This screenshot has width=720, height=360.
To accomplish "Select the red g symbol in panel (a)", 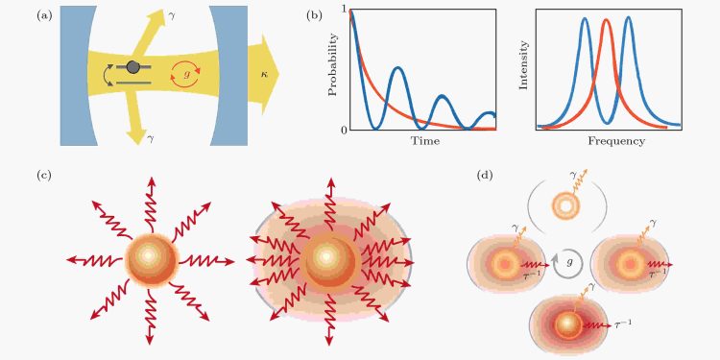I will tap(184, 72).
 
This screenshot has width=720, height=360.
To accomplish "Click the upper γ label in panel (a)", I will tap(171, 18).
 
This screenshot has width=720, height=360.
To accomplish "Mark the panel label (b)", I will tap(314, 15).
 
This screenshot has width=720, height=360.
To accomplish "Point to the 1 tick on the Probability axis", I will tap(343, 10).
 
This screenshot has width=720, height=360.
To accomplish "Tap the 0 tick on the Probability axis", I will tap(343, 130).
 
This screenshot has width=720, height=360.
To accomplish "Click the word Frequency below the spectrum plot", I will tap(608, 141).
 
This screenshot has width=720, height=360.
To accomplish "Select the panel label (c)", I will tap(45, 175).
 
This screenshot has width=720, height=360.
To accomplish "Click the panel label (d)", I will tap(486, 175).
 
